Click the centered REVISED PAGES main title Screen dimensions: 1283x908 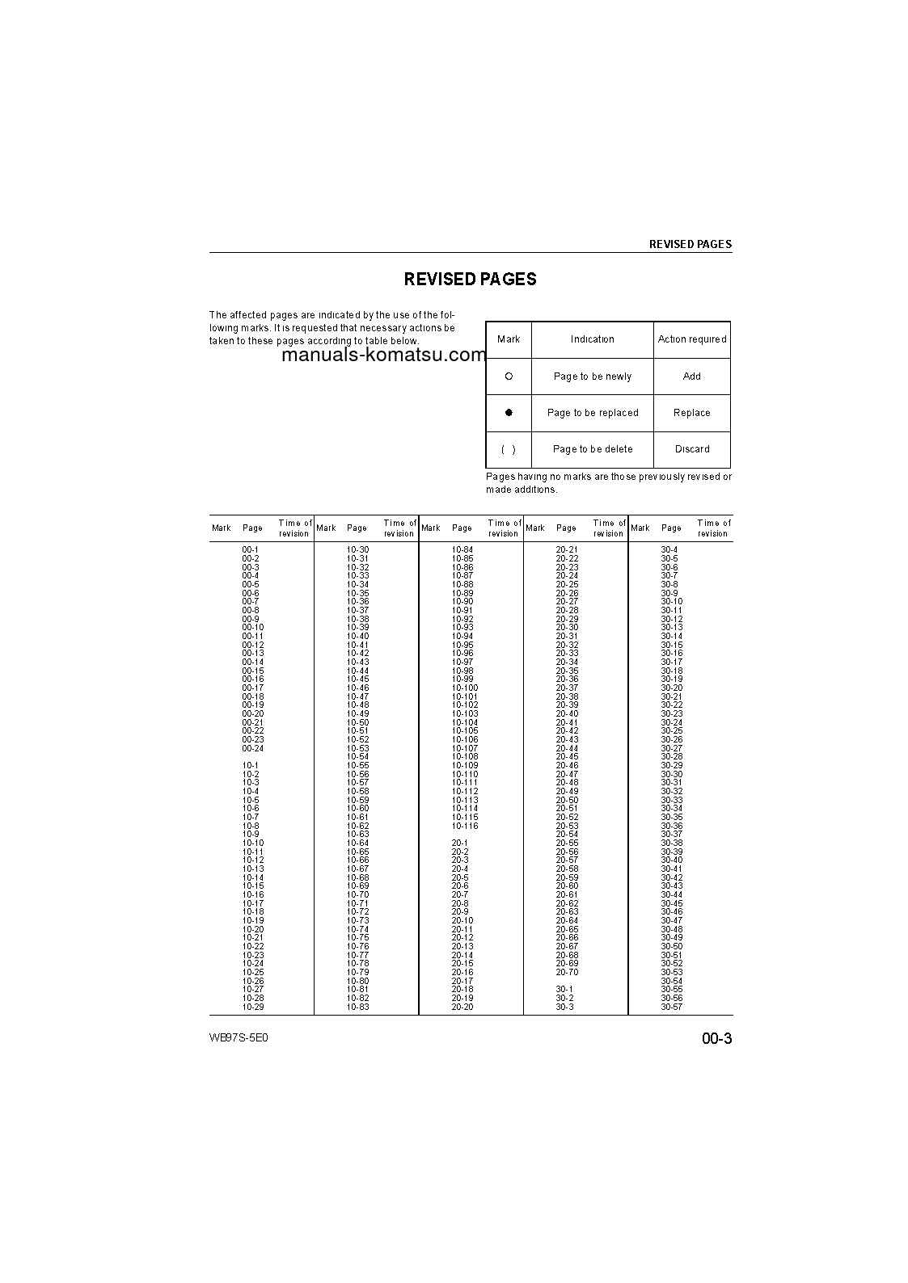[x=470, y=280]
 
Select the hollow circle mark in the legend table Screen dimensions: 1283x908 [x=509, y=376]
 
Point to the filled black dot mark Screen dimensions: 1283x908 [x=509, y=413]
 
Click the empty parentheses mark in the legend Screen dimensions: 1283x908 [x=509, y=449]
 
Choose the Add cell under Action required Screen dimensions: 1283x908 [x=691, y=376]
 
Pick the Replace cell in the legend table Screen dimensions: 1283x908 [x=691, y=413]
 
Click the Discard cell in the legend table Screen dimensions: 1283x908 [x=691, y=449]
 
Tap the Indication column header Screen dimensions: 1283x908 [x=592, y=339]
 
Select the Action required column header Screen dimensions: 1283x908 [x=691, y=339]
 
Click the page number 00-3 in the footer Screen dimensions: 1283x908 [x=716, y=1039]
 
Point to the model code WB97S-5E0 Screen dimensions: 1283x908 [x=238, y=1038]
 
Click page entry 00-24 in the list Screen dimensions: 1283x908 [x=253, y=749]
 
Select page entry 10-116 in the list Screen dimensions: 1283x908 [x=465, y=827]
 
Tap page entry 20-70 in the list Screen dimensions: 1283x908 [x=568, y=973]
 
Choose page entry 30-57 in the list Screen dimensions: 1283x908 [x=672, y=1007]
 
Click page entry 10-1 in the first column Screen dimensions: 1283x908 [x=251, y=766]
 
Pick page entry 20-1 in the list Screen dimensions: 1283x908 [x=460, y=843]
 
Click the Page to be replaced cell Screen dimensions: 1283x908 [x=593, y=413]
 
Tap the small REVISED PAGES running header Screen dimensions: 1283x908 [x=690, y=244]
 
